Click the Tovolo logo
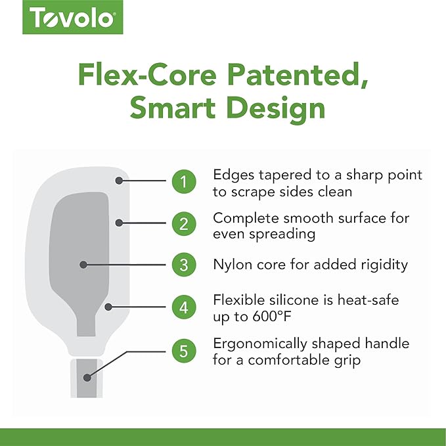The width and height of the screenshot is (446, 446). click(x=73, y=17)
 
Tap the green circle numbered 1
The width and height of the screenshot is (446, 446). click(x=184, y=181)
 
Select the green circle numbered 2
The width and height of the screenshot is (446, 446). click(x=184, y=224)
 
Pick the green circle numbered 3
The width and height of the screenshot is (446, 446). click(x=184, y=265)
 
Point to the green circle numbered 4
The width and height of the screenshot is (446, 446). click(x=184, y=307)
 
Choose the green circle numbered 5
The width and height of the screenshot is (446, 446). click(x=184, y=351)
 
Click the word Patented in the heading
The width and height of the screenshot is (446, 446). click(x=298, y=75)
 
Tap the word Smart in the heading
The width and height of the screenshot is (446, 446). click(x=173, y=108)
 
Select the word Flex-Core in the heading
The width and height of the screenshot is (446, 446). click(x=147, y=74)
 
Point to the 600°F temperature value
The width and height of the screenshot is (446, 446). click(x=272, y=317)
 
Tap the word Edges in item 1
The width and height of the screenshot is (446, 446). click(x=234, y=175)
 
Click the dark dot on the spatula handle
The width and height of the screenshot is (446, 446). click(x=87, y=378)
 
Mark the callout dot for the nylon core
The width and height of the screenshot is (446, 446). click(x=83, y=265)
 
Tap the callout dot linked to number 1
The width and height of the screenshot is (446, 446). click(x=119, y=181)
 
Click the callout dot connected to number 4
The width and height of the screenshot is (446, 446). click(x=108, y=307)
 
